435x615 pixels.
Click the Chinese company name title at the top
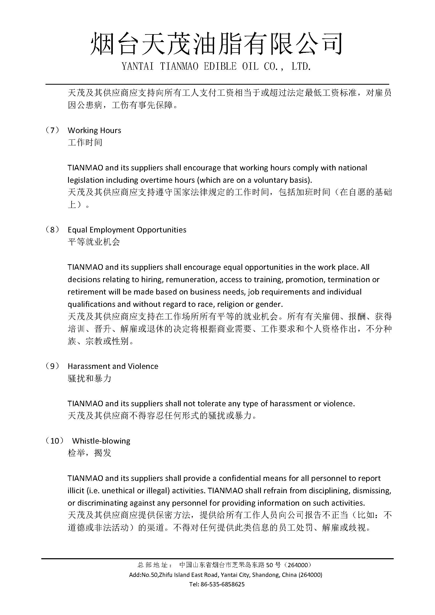(x=216, y=43)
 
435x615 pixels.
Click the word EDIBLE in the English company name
(x=220, y=67)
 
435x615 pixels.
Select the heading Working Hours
(x=94, y=130)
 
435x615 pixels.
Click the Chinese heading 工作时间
(x=85, y=142)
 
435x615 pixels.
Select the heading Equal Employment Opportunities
(x=127, y=230)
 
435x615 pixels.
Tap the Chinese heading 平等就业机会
(x=94, y=242)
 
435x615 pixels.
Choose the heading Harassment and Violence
(x=113, y=366)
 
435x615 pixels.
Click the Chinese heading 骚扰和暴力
(x=89, y=378)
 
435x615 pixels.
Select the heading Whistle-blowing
(x=101, y=441)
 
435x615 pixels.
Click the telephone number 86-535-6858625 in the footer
(x=222, y=584)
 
